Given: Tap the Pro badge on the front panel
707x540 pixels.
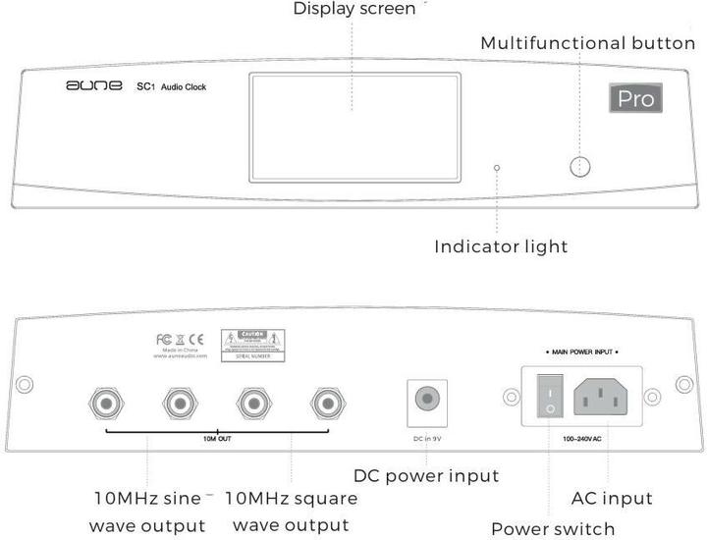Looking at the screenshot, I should [635, 98].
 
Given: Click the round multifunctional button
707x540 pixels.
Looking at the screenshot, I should [582, 167].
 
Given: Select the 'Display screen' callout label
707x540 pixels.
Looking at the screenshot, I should [354, 10].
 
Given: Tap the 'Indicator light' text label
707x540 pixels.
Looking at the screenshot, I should [501, 245].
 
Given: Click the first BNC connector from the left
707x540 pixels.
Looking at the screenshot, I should [104, 401].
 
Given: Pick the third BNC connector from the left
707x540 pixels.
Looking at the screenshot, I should [252, 401].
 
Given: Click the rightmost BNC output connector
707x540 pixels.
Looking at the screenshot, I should [326, 401].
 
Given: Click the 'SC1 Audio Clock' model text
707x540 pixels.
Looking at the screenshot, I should [171, 87].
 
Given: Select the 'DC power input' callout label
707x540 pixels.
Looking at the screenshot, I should [426, 476].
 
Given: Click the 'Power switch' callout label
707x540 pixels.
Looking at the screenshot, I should [553, 528].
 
